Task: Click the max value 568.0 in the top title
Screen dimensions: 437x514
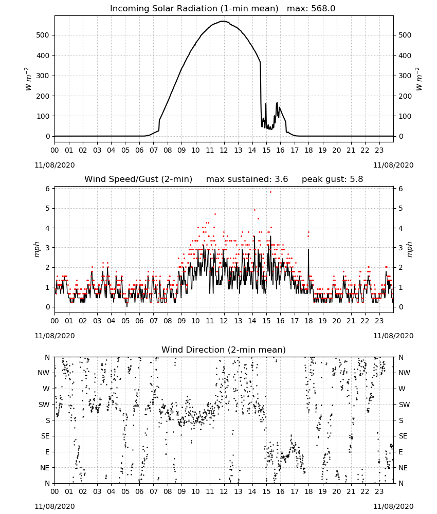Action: pos(323,8)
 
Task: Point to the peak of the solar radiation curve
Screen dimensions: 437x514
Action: pos(224,21)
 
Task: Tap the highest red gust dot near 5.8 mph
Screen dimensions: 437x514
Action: pos(270,192)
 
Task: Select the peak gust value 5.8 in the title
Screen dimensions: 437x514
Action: pos(356,179)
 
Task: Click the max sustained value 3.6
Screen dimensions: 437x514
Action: pos(281,179)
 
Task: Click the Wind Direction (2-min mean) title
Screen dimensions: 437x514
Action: pos(224,350)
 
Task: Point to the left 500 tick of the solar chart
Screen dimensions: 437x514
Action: pos(43,35)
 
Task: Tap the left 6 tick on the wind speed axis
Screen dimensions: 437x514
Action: pos(48,189)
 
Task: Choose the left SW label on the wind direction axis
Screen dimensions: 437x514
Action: pos(44,405)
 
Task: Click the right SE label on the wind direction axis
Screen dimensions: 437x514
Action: pos(403,436)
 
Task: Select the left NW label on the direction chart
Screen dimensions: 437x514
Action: pos(44,373)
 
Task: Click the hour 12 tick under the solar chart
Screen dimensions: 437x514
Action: pos(224,150)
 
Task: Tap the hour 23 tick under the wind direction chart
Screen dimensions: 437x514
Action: pos(379,492)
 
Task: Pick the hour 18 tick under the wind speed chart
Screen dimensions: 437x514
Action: pos(308,321)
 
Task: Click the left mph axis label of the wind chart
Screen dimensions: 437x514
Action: pos(37,249)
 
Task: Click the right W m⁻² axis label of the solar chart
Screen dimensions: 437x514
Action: pos(419,79)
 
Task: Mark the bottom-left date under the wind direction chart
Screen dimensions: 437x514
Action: pos(54,506)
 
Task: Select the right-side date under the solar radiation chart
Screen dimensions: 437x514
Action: pos(393,165)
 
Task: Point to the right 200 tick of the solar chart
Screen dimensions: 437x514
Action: pos(405,96)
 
